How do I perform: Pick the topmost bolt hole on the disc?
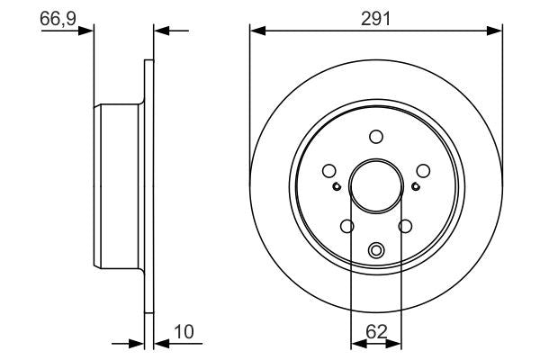click(375, 136)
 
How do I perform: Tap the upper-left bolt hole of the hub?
click(330, 169)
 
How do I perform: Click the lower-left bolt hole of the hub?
click(347, 226)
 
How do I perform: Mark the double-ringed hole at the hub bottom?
click(376, 250)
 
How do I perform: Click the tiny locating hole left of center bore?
click(336, 186)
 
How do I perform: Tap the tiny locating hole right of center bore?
click(415, 186)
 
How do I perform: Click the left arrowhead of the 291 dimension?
click(256, 31)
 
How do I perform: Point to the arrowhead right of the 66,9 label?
click(87, 31)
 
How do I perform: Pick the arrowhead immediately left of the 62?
click(355, 343)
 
